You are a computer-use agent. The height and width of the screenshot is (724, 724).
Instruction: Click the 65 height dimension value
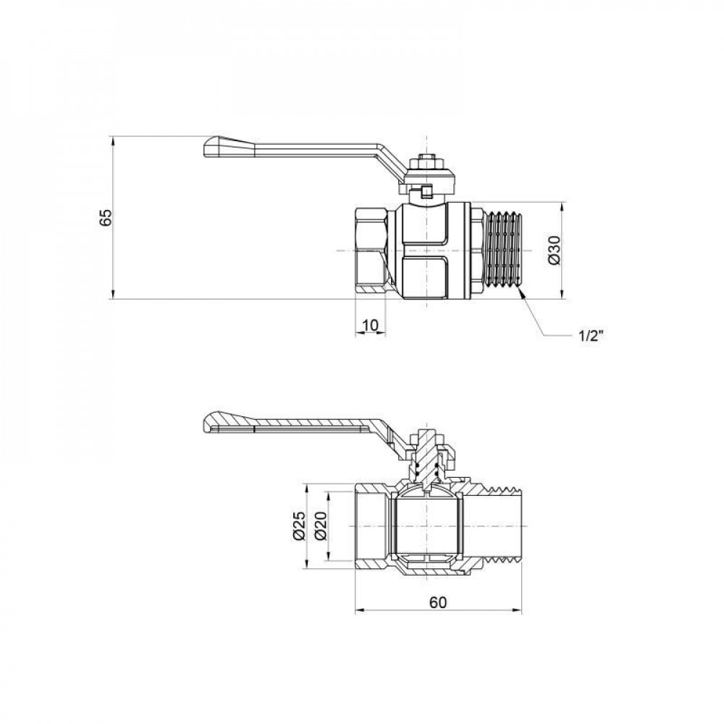click(x=106, y=217)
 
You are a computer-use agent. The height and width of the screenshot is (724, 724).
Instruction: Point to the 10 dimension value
click(x=369, y=326)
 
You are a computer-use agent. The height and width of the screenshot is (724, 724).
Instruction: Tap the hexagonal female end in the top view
click(x=371, y=250)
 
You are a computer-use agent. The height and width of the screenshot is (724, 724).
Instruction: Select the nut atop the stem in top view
click(x=427, y=160)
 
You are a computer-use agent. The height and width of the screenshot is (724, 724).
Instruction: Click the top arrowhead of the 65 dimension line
click(x=113, y=139)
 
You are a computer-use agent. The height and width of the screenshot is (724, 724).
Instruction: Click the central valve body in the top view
click(x=427, y=250)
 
